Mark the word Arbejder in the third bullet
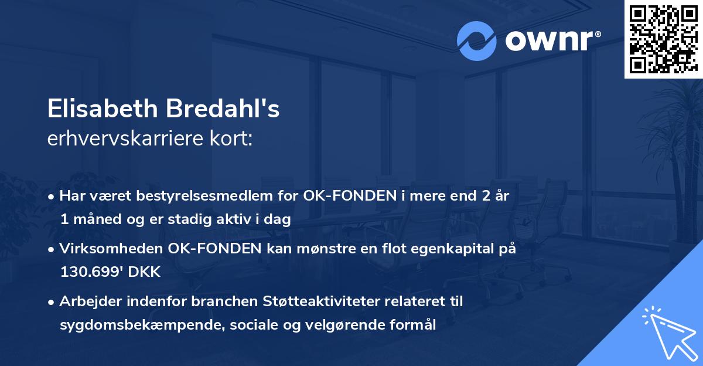86,301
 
